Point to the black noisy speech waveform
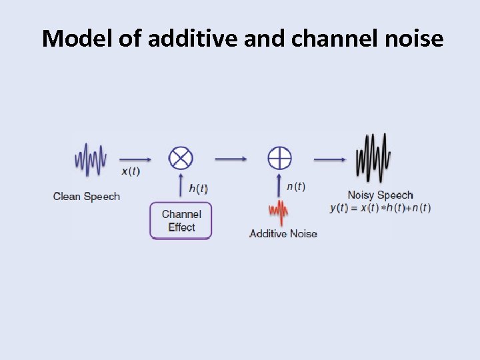373,159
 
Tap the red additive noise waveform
279,213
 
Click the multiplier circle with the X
180,159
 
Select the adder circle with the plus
279,159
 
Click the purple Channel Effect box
181,221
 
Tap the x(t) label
131,171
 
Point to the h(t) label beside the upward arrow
198,189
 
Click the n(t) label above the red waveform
296,187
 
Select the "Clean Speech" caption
87,196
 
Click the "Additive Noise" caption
283,233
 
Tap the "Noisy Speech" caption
380,195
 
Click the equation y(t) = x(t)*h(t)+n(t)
380,208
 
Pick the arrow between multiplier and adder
231,159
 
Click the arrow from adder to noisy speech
329,159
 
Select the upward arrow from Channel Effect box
181,187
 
